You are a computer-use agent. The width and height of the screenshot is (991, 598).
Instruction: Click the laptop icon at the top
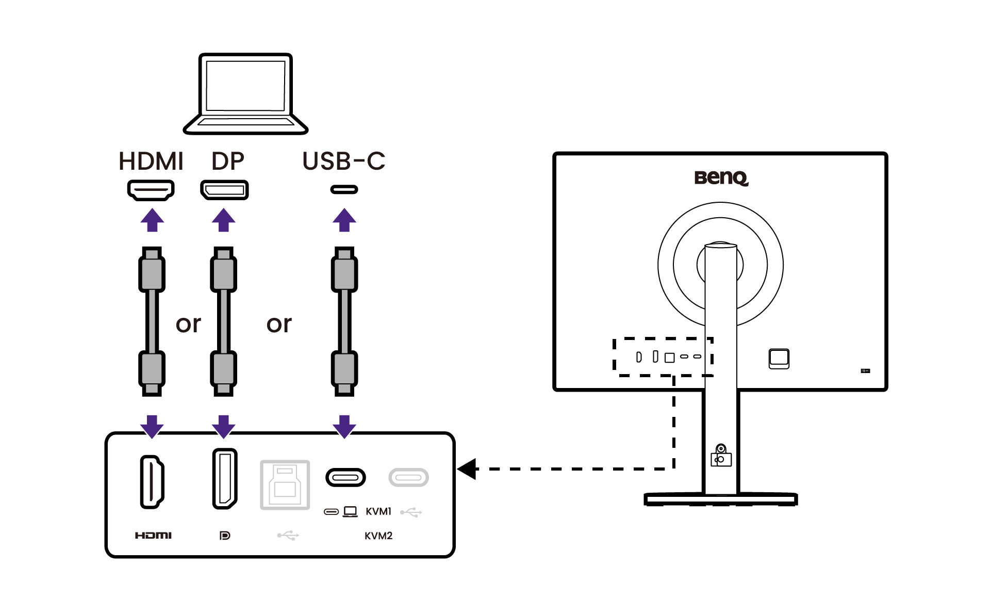pos(245,93)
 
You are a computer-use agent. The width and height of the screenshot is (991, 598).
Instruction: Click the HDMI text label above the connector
pos(151,161)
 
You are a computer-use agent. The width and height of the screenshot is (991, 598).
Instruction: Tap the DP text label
pos(227,161)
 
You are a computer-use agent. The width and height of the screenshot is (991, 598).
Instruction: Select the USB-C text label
pos(343,161)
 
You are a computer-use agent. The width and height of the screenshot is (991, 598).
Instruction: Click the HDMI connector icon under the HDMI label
pos(151,190)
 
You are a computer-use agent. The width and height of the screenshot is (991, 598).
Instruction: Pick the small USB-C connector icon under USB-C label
pos(344,190)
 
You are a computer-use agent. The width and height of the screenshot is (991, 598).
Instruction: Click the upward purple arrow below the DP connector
pos(223,220)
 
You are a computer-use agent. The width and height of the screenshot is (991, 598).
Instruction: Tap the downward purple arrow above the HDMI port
pos(152,426)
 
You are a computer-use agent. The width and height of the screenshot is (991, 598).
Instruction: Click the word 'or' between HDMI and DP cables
pos(188,324)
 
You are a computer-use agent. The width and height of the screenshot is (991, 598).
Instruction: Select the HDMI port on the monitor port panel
pos(152,482)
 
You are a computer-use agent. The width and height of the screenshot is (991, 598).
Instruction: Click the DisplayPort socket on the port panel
pos(224,479)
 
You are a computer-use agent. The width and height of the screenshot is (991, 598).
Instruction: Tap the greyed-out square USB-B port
pos(285,484)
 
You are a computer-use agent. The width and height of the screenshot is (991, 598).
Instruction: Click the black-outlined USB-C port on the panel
pos(345,477)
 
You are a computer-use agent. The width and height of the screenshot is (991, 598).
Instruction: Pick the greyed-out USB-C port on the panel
pos(408,477)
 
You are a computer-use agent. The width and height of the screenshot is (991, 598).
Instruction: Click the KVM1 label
pos(378,511)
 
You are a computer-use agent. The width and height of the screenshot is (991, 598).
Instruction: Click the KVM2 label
pos(378,536)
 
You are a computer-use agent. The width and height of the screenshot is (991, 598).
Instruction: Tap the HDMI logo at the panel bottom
pos(153,536)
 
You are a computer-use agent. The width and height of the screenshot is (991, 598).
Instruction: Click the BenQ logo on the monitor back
pos(720,177)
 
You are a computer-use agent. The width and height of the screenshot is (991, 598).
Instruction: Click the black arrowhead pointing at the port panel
pos(468,469)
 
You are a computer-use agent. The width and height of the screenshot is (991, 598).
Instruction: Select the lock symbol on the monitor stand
pos(721,456)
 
